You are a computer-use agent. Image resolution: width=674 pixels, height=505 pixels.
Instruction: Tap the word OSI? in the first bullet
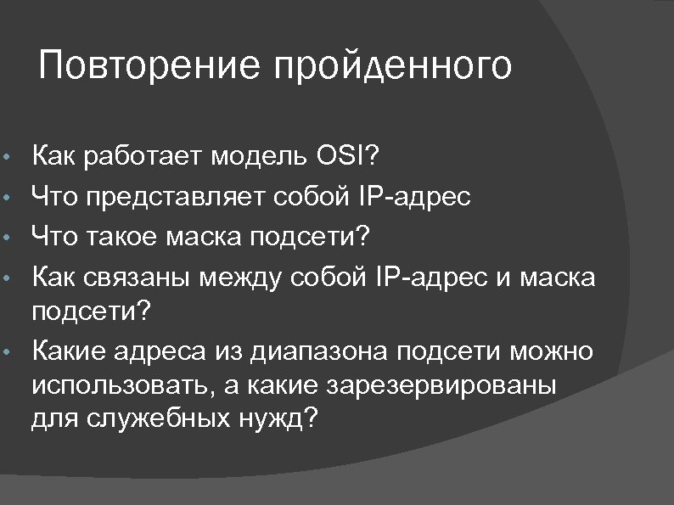349,157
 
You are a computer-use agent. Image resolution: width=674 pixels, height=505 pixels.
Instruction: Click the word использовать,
122,386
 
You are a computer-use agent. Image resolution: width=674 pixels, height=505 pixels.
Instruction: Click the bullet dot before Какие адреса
8,353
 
